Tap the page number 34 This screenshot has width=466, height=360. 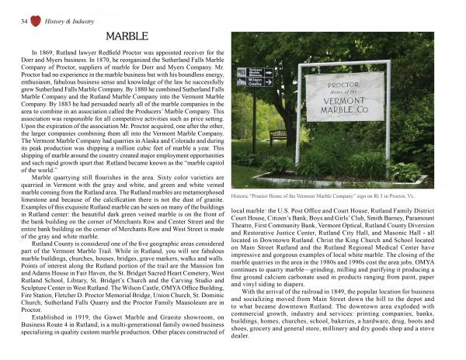tap(15, 8)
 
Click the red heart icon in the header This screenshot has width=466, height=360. tap(30, 8)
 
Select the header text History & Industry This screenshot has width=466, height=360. tap(64, 9)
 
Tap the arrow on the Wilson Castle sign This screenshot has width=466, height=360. tap(270, 81)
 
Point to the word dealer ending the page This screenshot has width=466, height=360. tap(241, 358)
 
